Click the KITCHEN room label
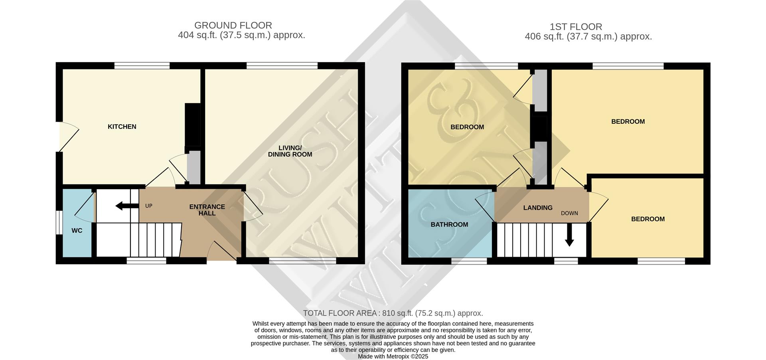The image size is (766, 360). tap(122, 127)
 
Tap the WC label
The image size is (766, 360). tap(77, 231)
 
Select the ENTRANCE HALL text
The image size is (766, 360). tap(207, 210)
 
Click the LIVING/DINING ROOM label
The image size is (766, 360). tap(290, 151)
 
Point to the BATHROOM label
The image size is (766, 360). tap(449, 224)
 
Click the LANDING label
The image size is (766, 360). tap(537, 208)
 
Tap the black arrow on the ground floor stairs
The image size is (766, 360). tap(124, 206)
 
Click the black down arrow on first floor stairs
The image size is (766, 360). tap(569, 236)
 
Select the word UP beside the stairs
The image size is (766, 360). tap(149, 206)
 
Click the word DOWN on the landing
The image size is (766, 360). tap(569, 213)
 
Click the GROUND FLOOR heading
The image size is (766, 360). tap(233, 26)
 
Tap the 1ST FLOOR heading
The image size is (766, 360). tap(576, 27)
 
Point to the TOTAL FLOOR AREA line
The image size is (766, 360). tap(393, 313)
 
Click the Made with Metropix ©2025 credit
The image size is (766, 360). tap(393, 356)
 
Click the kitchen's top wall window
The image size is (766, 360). tap(142, 65)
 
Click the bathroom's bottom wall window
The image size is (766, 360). tap(469, 261)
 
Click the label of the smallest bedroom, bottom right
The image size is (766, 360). tap(648, 219)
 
